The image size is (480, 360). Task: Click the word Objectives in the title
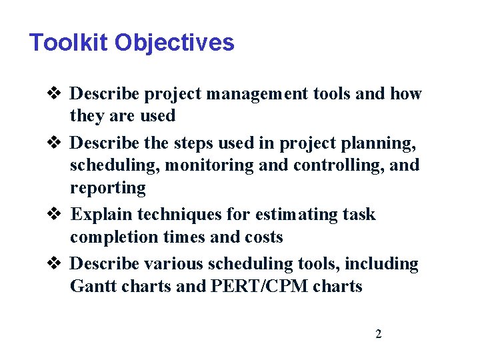[174, 43]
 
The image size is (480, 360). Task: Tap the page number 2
[379, 334]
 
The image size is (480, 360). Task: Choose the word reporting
[107, 188]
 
